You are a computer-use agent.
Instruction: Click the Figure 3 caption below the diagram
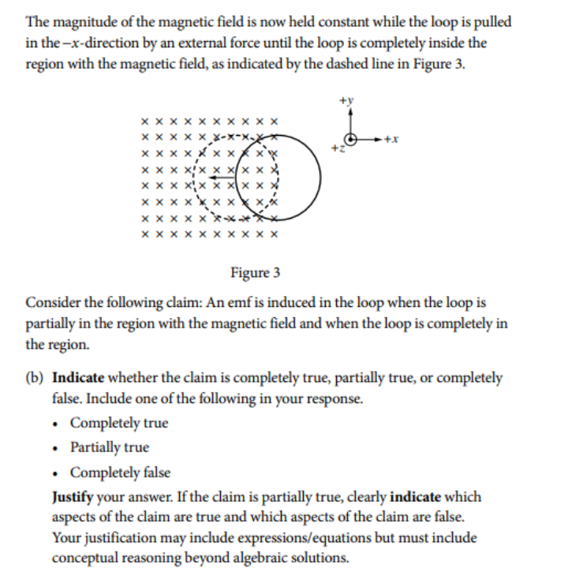tap(255, 273)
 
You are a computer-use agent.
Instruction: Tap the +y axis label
tap(346, 101)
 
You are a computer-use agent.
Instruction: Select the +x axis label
tap(392, 140)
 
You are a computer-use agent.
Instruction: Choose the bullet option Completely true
tap(119, 423)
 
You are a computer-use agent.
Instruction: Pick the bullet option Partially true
tap(110, 447)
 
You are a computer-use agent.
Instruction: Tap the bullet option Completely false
tap(120, 473)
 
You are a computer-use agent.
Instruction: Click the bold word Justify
tap(76, 497)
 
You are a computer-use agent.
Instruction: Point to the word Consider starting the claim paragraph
tap(51, 303)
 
